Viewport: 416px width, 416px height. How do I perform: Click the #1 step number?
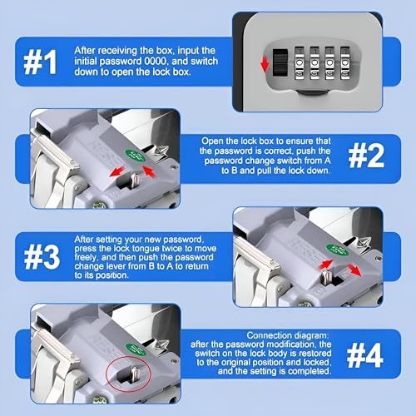(41, 62)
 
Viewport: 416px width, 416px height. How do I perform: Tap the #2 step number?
(366, 156)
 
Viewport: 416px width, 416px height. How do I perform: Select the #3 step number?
(42, 257)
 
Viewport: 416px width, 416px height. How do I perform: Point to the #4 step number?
(365, 355)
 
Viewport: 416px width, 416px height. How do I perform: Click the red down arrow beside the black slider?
(265, 63)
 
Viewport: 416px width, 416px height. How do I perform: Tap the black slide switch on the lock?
(280, 62)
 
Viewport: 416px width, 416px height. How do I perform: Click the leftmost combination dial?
(300, 63)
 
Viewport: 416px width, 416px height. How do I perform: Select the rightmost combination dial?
(345, 63)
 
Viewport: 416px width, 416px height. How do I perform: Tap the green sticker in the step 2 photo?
(136, 155)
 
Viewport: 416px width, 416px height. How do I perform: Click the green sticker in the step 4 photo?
(136, 350)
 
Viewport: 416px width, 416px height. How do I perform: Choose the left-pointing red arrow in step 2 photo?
(117, 171)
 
